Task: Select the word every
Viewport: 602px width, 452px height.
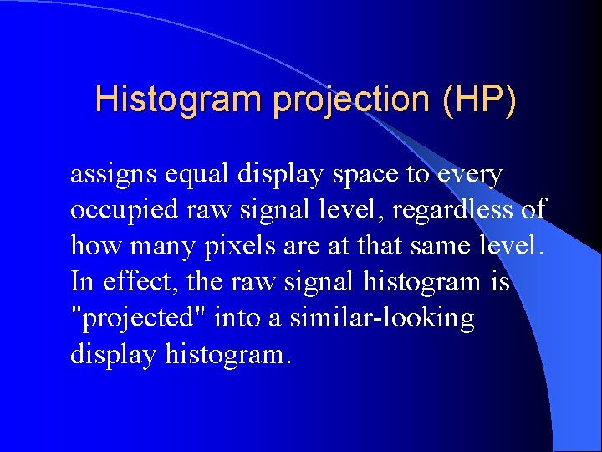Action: (470, 175)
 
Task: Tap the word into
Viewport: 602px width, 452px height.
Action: (237, 319)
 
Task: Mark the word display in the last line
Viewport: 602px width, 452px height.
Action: (114, 355)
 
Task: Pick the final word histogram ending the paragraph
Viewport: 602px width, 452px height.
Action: (228, 355)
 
